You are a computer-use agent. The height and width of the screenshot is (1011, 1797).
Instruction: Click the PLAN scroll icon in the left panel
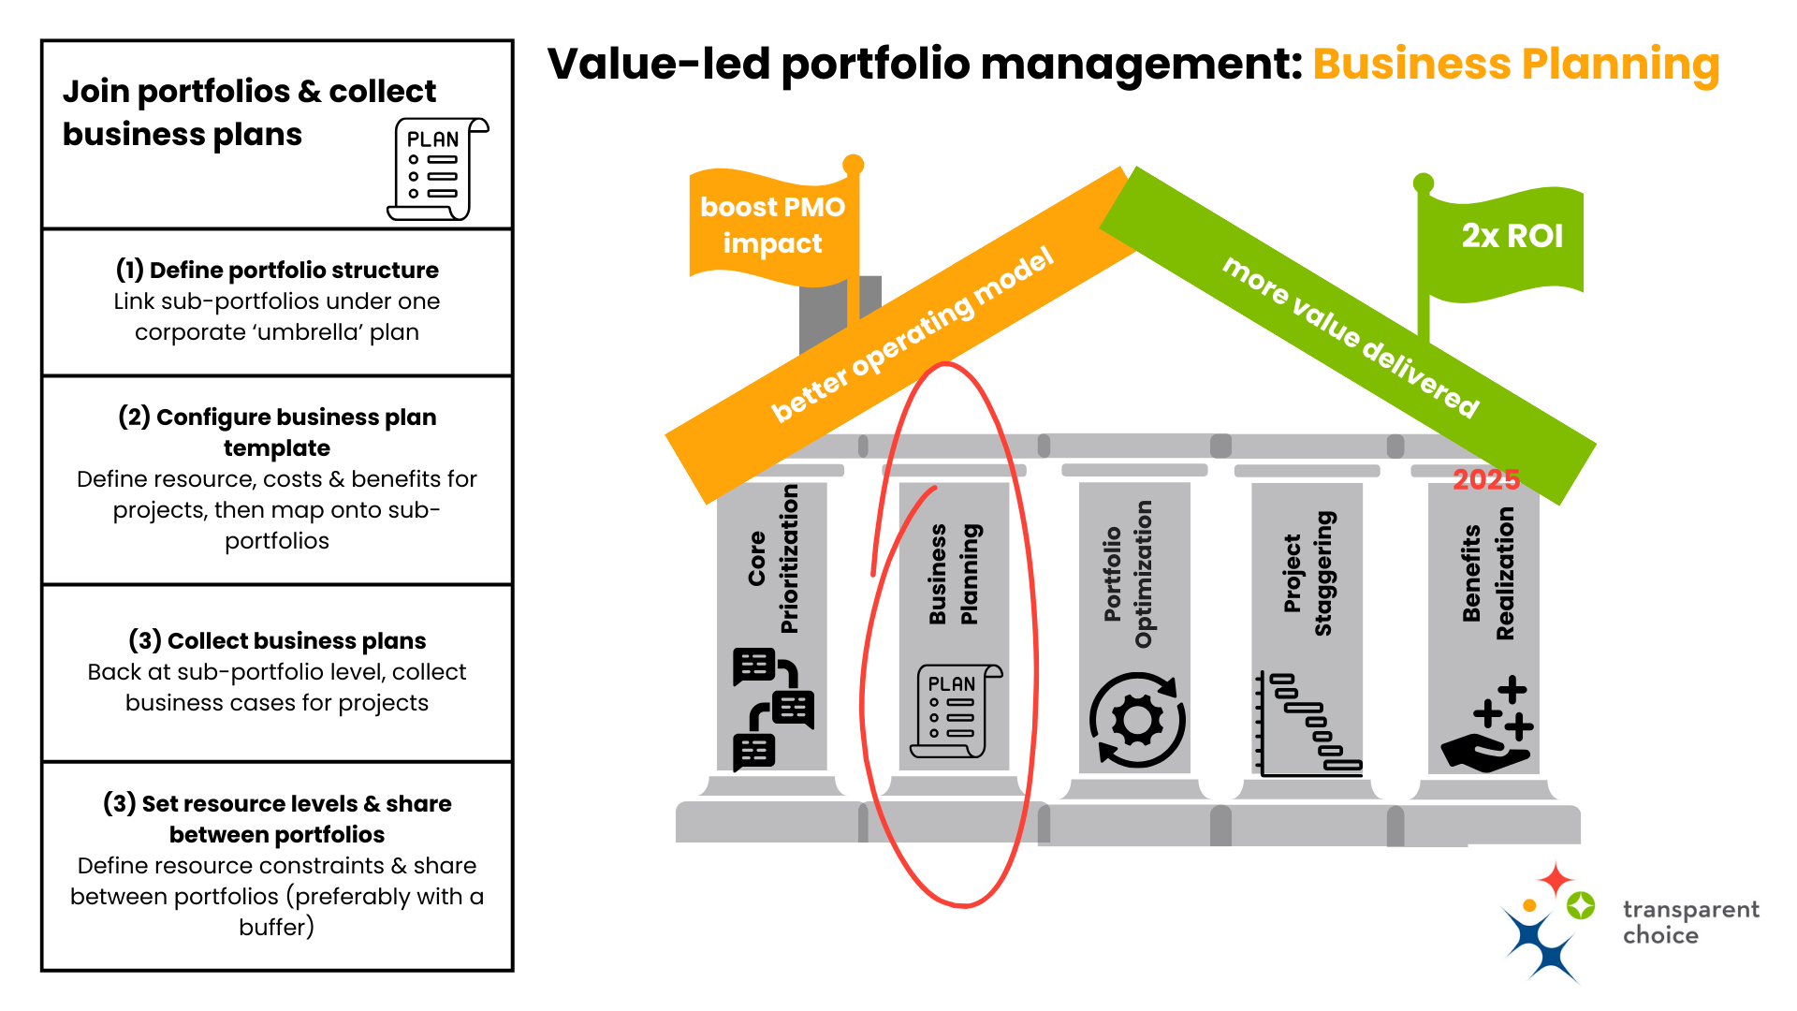[x=437, y=168]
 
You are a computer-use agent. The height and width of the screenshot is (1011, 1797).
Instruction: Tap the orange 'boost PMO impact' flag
[x=772, y=225]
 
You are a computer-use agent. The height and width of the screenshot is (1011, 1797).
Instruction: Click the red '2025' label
[x=1485, y=479]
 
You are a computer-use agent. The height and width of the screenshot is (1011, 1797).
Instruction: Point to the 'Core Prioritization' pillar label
[x=773, y=559]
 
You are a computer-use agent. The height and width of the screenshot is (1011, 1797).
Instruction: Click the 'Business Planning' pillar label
[x=953, y=573]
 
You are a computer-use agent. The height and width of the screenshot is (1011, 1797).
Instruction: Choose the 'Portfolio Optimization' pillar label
[x=1128, y=574]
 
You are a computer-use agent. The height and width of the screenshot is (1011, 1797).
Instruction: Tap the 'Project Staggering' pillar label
[x=1308, y=573]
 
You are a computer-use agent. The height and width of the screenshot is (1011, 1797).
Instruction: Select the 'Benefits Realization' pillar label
[x=1487, y=573]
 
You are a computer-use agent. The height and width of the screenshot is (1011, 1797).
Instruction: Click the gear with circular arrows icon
[x=1137, y=720]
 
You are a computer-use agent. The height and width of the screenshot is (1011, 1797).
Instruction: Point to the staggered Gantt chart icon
[x=1308, y=724]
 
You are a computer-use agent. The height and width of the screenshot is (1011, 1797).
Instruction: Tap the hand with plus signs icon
[x=1487, y=725]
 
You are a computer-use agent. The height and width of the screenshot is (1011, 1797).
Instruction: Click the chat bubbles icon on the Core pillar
[x=773, y=709]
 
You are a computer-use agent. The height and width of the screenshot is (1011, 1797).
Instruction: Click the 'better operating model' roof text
[x=913, y=334]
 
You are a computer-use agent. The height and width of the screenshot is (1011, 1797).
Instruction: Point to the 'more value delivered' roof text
[x=1351, y=335]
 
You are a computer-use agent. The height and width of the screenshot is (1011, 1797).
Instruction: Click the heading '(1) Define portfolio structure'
[x=277, y=270]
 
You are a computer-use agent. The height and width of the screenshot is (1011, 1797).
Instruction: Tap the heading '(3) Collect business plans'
[x=277, y=640]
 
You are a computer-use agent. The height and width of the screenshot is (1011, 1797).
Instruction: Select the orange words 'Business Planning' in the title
[x=1515, y=64]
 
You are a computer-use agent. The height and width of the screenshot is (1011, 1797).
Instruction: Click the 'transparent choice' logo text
[x=1690, y=922]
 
